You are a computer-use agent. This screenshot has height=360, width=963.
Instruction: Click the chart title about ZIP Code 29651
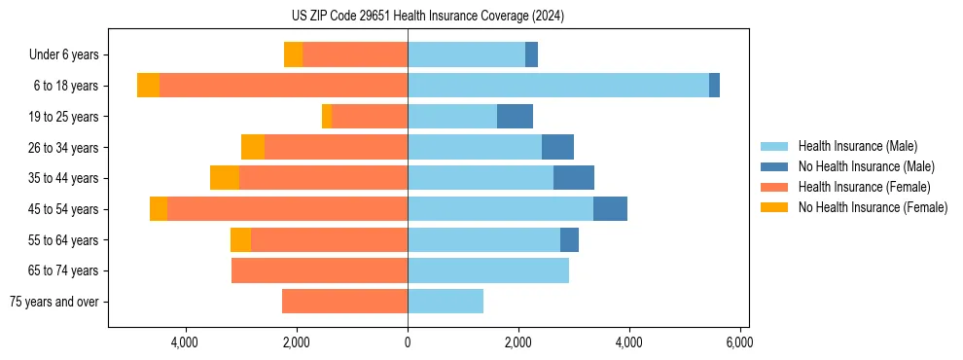(x=428, y=17)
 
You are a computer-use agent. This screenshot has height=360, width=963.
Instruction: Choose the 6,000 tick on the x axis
(x=739, y=342)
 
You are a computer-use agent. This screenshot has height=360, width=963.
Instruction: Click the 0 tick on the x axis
(x=408, y=342)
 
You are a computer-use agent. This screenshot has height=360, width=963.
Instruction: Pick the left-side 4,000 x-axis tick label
(x=185, y=342)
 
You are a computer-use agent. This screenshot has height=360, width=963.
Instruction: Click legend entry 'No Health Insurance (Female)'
(x=873, y=207)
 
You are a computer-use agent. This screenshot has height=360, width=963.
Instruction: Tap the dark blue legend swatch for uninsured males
(x=774, y=166)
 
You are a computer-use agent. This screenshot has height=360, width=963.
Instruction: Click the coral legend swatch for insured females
(x=774, y=187)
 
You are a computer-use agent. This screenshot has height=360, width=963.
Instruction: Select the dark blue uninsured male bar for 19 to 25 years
(x=515, y=117)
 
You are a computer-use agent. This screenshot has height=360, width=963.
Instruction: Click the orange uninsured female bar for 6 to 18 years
(x=148, y=86)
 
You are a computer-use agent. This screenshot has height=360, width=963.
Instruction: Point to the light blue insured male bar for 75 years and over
(x=446, y=302)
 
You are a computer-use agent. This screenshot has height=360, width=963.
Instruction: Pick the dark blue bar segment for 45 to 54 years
(x=610, y=209)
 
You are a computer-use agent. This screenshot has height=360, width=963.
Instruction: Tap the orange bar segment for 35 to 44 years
(x=225, y=178)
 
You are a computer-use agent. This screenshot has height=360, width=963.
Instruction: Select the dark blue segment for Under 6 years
(x=531, y=55)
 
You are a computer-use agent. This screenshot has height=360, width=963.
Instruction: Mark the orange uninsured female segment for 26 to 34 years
(x=253, y=148)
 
